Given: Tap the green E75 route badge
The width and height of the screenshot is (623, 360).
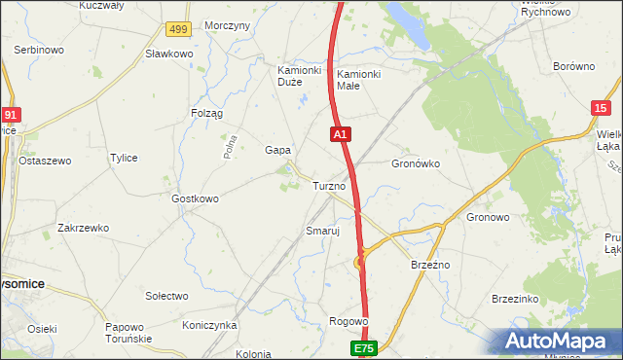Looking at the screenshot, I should point(364,347).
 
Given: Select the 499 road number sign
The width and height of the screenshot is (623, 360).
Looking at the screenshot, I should point(178,30).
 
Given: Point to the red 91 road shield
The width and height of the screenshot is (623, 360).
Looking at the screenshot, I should point(9,114).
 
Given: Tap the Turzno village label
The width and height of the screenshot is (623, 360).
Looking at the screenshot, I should point(329,186).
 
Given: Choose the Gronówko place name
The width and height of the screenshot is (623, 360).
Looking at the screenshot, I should point(416,164).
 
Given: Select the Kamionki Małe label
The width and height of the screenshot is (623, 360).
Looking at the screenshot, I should point(359,80).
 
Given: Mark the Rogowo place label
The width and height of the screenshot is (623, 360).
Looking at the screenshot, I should point(348,321).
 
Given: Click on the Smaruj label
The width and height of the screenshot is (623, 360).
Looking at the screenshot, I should point(321,232).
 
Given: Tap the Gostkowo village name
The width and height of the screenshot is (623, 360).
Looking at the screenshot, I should point(195,198).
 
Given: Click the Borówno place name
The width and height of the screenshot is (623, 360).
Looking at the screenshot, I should point(573,67).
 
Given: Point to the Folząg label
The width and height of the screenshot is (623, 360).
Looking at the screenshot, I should point(206,114).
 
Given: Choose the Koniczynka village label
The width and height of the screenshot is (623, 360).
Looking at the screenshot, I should point(209,325).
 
